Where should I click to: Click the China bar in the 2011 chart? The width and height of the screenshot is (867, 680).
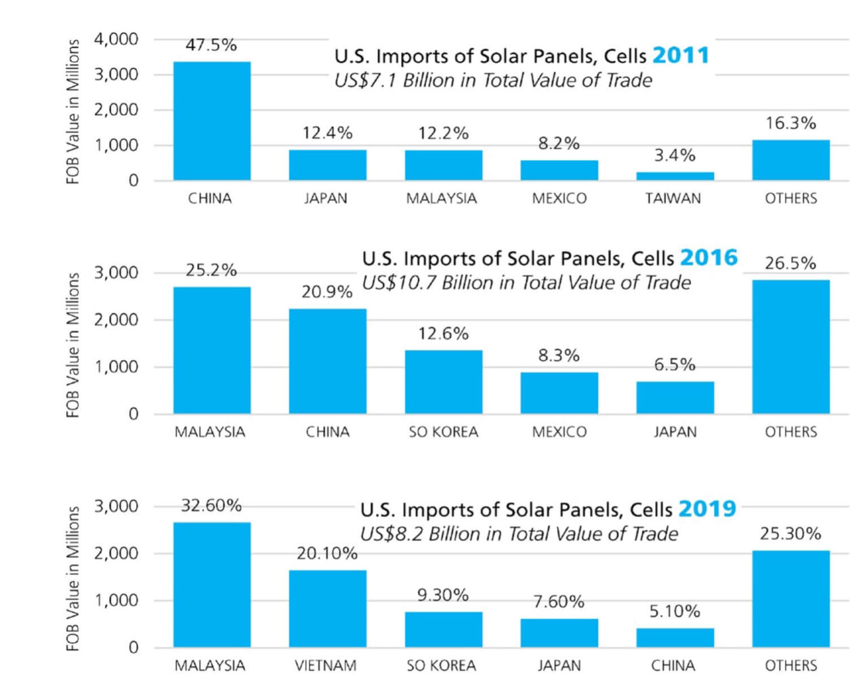coord(211,121)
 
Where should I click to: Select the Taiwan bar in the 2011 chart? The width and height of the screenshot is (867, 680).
coord(675,176)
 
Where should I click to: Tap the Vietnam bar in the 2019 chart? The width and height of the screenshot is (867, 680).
coord(327,609)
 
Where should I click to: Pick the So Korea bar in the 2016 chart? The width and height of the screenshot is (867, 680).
coord(443,382)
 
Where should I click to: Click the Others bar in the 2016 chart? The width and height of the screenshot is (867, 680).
coord(790,346)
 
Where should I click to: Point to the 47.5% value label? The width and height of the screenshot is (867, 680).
coord(211,45)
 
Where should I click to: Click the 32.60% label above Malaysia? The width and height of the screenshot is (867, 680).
coord(211,506)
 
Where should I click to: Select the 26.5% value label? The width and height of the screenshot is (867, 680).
coord(790,263)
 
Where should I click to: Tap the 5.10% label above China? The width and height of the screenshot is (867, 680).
coord(675,612)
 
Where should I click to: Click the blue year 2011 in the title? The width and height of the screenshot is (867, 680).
coord(680,55)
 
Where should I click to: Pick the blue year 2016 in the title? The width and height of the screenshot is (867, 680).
coord(709,258)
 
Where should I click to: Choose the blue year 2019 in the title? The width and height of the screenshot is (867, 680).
coord(706,509)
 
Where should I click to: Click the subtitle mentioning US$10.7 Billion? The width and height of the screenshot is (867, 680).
coord(526,283)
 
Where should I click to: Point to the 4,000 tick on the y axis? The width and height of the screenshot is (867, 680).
coord(116,39)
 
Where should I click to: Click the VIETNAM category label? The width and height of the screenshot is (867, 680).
coord(326,666)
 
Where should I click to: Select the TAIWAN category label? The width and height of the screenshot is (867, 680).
coord(673,199)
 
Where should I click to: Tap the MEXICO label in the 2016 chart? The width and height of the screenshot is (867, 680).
coord(559,432)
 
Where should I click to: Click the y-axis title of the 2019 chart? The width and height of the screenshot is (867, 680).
coord(73,578)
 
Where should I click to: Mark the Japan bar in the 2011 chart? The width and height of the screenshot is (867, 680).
coord(327,165)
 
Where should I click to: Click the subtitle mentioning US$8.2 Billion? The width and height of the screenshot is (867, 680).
coord(518,534)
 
